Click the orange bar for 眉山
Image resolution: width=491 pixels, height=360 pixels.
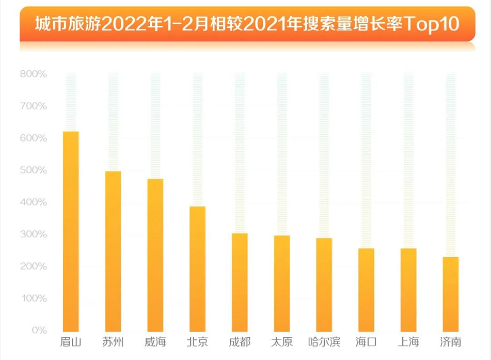pyautogui.click(x=71, y=231)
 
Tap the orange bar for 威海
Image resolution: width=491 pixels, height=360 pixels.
pyautogui.click(x=155, y=255)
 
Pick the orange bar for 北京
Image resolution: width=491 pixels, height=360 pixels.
pyautogui.click(x=198, y=268)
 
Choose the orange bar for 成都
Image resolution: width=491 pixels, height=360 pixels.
pyautogui.click(x=240, y=281)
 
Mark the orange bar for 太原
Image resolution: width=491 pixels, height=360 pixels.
pyautogui.click(x=282, y=283)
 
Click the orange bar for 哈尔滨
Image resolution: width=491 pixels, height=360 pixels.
pyautogui.click(x=324, y=284)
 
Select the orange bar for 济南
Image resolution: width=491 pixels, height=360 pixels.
pyautogui.click(x=451, y=293)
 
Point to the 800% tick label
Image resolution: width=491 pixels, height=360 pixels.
pyautogui.click(x=34, y=74)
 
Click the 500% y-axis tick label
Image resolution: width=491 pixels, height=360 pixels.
pyautogui.click(x=34, y=170)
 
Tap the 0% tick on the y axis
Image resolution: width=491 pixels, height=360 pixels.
pyautogui.click(x=39, y=330)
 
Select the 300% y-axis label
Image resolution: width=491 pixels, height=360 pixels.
pyautogui.click(x=34, y=234)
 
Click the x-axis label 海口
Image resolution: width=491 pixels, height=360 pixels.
pyautogui.click(x=366, y=342)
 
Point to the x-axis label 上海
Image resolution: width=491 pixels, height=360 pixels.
pyautogui.click(x=408, y=342)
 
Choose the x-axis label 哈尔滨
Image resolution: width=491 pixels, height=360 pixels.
pyautogui.click(x=324, y=342)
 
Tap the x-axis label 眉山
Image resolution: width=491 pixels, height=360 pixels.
pyautogui.click(x=71, y=342)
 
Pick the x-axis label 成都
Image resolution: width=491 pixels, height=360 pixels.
pyautogui.click(x=240, y=342)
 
